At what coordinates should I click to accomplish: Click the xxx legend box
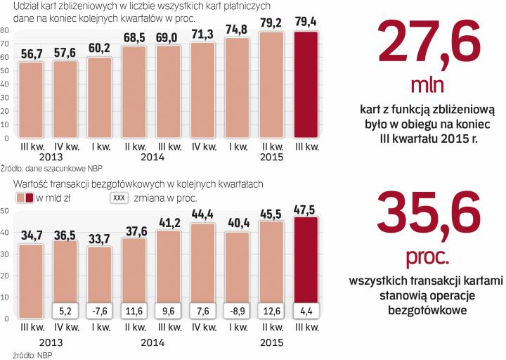[119, 198]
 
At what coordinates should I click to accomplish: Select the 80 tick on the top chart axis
[5, 31]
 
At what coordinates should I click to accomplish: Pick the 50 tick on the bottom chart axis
[5, 211]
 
